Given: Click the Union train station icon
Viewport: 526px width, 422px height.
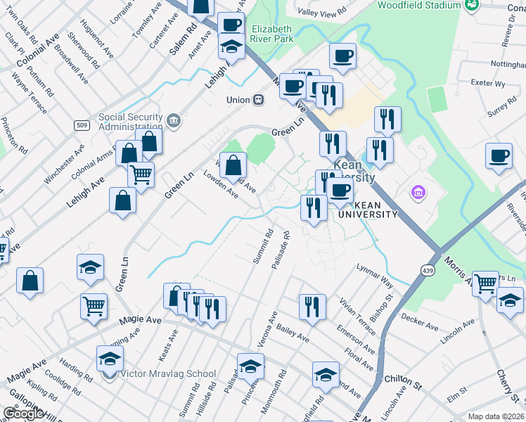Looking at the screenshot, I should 259,100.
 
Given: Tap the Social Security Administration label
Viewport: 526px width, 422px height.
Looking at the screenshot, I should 131,122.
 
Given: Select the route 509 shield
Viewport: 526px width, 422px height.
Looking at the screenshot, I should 82,125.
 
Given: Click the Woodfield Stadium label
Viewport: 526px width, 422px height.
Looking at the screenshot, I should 418,6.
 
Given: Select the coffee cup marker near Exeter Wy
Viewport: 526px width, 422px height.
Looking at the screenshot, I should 499,156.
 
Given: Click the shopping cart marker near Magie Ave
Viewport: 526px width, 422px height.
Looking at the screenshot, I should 94,307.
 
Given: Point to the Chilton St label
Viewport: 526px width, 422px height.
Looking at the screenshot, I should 402,382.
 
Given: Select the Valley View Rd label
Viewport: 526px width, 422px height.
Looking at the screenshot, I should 322,12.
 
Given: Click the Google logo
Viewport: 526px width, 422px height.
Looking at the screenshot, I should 23,414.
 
